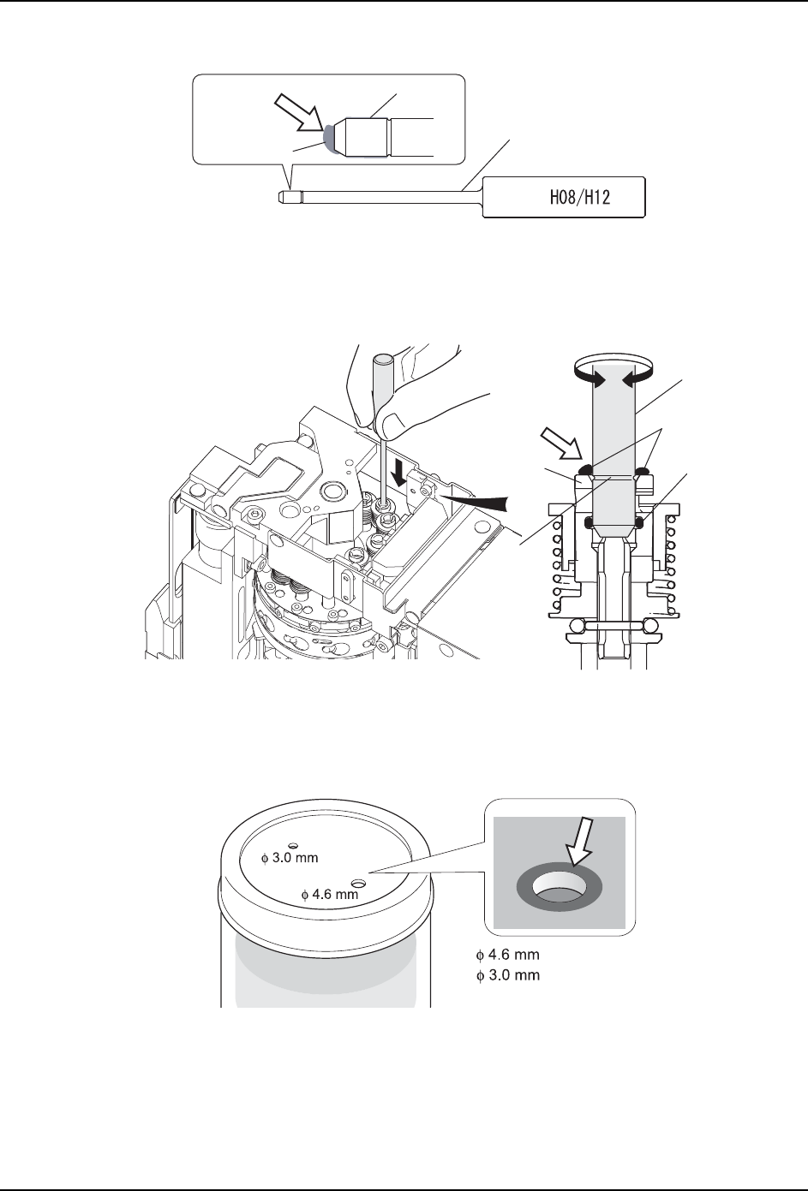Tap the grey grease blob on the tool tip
tap(328, 137)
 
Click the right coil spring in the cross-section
tap(673, 565)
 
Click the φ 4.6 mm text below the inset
tap(507, 955)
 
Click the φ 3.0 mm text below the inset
tap(507, 975)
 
